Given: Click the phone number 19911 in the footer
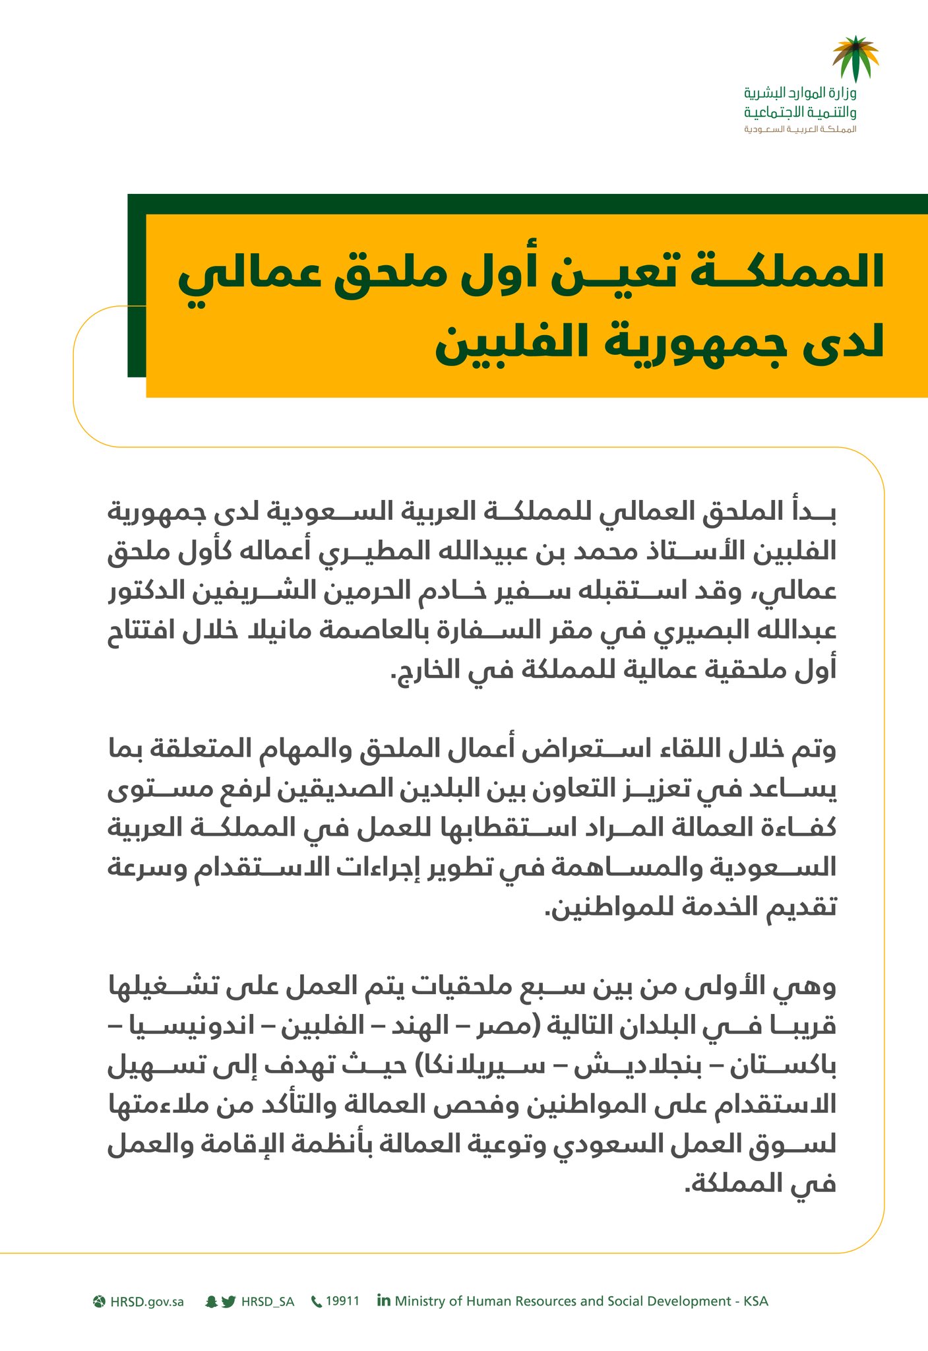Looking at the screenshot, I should (343, 1301).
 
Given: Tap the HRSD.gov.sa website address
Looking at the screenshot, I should (147, 1302).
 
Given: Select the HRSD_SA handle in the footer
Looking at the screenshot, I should (268, 1302).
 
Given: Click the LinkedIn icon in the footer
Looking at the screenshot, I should (383, 1300).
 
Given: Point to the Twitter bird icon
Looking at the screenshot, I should (229, 1302).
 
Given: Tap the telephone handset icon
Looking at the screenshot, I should (317, 1302).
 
